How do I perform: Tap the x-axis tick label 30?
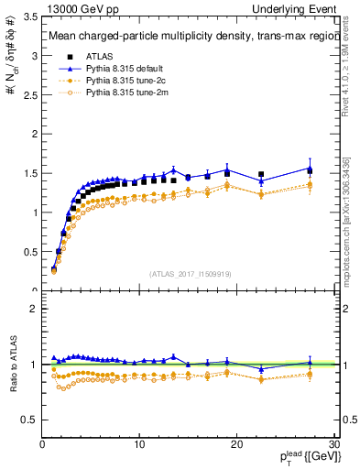tap(333, 445)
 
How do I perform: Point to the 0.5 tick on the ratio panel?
tap(29, 420)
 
